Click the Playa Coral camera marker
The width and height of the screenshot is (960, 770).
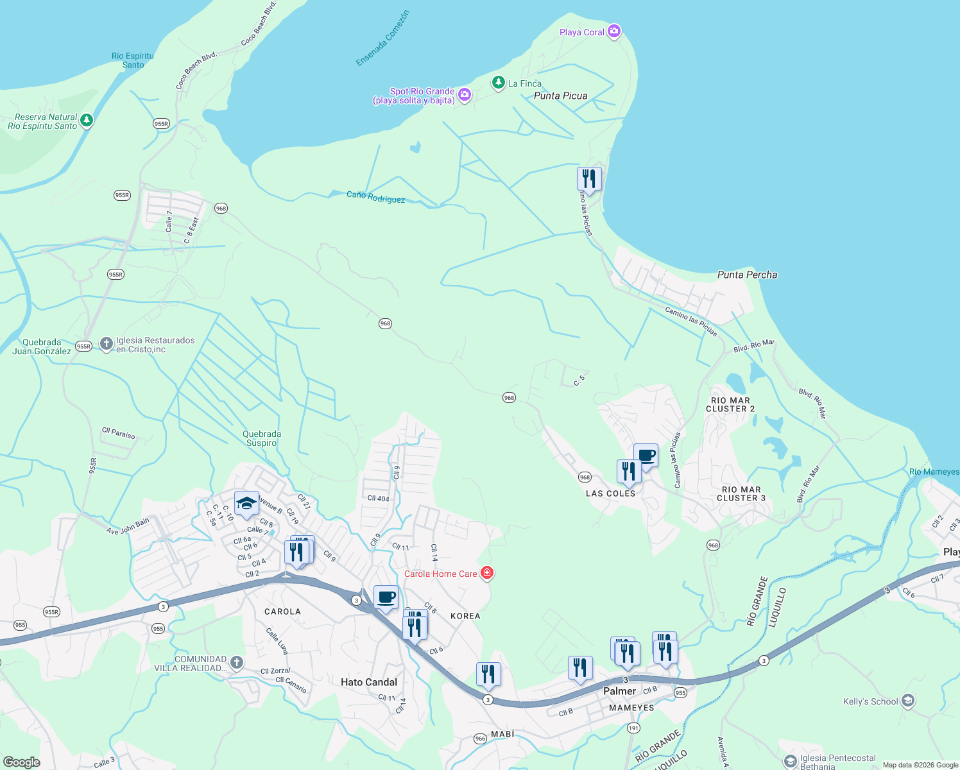pyautogui.click(x=614, y=31)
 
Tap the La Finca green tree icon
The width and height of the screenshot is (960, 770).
pyautogui.click(x=498, y=83)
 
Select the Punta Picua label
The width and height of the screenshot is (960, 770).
pyautogui.click(x=560, y=96)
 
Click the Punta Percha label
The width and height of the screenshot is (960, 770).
pyautogui.click(x=747, y=275)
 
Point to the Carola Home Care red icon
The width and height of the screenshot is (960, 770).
pyautogui.click(x=487, y=573)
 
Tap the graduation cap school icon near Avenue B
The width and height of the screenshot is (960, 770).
pyautogui.click(x=246, y=504)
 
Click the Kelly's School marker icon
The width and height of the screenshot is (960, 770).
pyautogui.click(x=907, y=701)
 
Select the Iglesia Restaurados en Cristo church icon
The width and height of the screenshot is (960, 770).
pyautogui.click(x=107, y=344)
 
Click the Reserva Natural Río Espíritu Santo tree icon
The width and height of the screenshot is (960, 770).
pyautogui.click(x=87, y=121)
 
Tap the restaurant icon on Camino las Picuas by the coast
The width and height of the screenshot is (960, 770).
pyautogui.click(x=589, y=178)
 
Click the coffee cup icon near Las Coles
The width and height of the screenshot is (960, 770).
pyautogui.click(x=646, y=456)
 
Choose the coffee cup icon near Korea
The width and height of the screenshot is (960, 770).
pyautogui.click(x=386, y=597)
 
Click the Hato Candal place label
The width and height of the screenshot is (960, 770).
pyautogui.click(x=369, y=682)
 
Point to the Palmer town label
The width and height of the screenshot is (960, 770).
pyautogui.click(x=619, y=691)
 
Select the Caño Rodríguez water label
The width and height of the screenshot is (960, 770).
pyautogui.click(x=375, y=197)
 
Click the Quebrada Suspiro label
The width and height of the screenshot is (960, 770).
pyautogui.click(x=262, y=438)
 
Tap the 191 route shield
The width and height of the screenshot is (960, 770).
pyautogui.click(x=633, y=728)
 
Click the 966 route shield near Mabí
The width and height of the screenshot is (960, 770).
pyautogui.click(x=480, y=739)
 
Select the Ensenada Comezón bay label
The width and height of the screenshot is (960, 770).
pyautogui.click(x=382, y=38)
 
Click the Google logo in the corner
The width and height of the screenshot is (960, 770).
pyautogui.click(x=22, y=762)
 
